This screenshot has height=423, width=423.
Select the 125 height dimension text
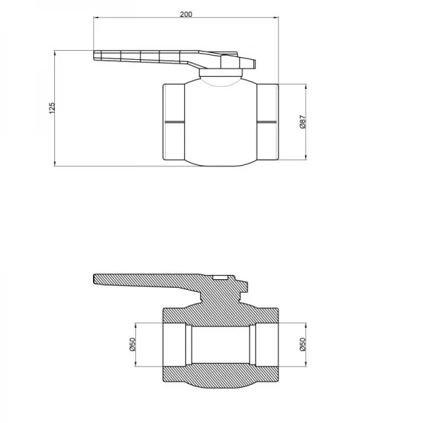pos(51,107)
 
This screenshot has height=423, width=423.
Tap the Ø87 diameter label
pos(302,121)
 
